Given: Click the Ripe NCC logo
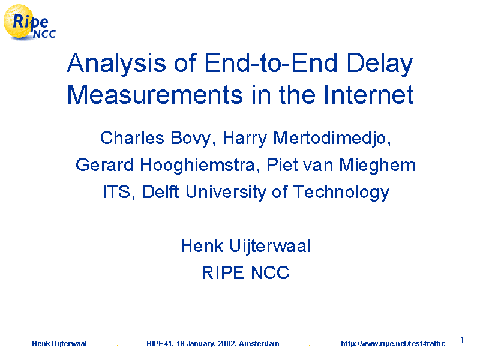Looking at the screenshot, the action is click(x=29, y=23).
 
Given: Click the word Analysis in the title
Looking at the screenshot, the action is click(x=116, y=63).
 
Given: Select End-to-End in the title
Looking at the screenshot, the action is click(x=271, y=63).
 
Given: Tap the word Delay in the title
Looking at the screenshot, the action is click(x=380, y=64).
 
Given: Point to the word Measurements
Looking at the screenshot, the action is click(x=155, y=95).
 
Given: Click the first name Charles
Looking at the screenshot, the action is click(x=132, y=138).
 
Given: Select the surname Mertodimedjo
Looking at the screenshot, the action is click(x=332, y=139).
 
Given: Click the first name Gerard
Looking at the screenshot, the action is click(x=104, y=165).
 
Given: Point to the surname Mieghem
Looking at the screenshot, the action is click(x=377, y=166).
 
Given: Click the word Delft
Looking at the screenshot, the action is click(x=160, y=191).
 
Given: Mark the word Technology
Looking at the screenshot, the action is click(x=341, y=193).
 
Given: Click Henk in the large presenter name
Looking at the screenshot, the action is click(x=202, y=246).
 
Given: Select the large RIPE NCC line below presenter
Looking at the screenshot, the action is click(x=245, y=272).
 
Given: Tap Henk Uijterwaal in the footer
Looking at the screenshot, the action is click(x=59, y=344).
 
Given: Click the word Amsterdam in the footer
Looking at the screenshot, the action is click(x=259, y=344).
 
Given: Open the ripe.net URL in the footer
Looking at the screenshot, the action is click(x=393, y=344).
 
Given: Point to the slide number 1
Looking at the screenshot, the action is click(x=462, y=340).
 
